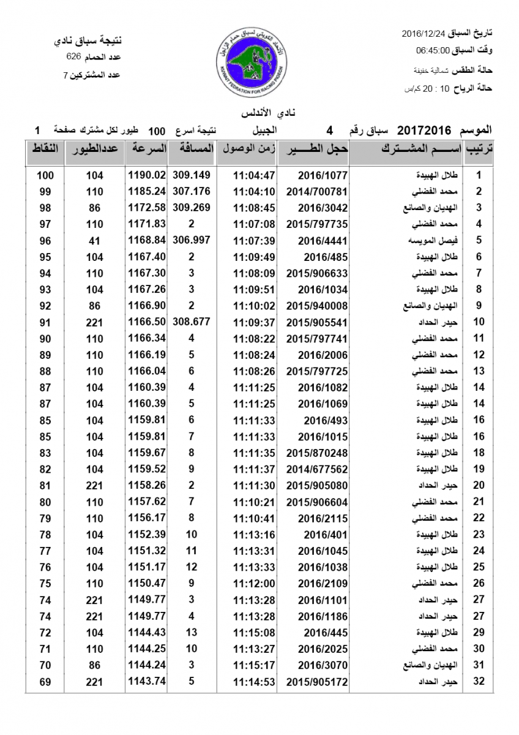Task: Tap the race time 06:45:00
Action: pyautogui.click(x=433, y=50)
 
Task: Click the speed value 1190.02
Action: pyautogui.click(x=147, y=175)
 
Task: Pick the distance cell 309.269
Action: pyautogui.click(x=191, y=207)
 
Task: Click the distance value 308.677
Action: pyautogui.click(x=191, y=322)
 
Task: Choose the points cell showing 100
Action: pyautogui.click(x=45, y=175)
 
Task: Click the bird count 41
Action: pyautogui.click(x=94, y=241)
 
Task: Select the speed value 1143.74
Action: pyautogui.click(x=147, y=681)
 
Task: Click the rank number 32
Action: pyautogui.click(x=479, y=681)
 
